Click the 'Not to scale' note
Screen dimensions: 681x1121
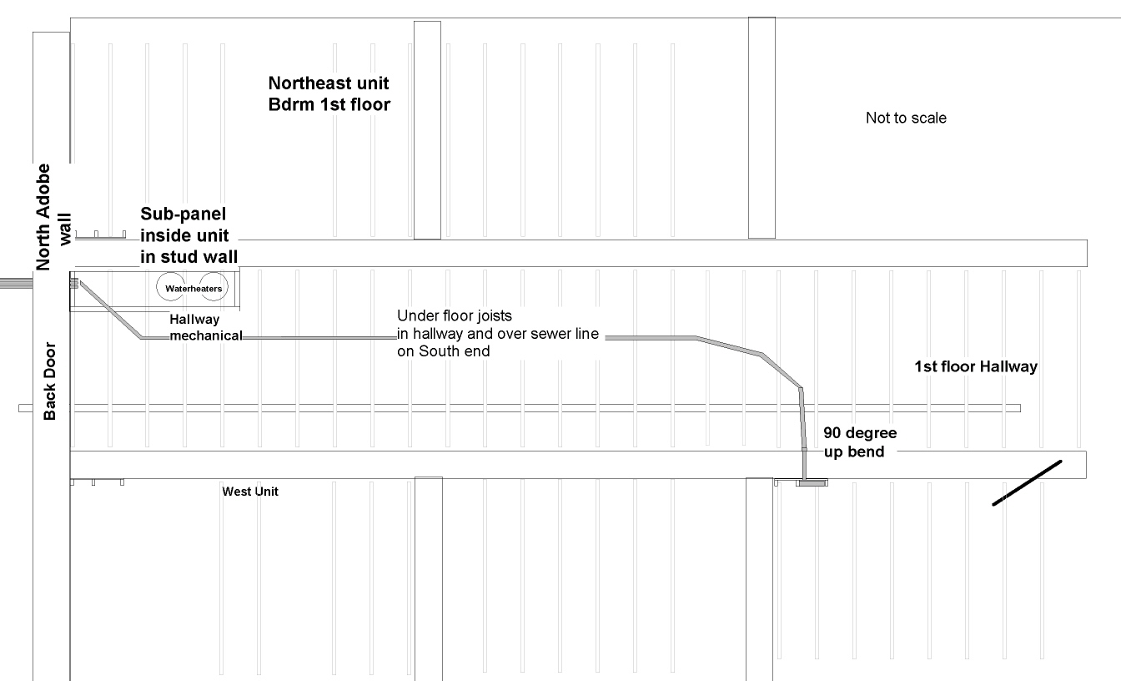[x=906, y=119]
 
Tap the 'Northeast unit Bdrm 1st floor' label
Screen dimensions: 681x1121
[x=329, y=94]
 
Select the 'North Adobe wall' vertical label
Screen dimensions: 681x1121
[x=53, y=217]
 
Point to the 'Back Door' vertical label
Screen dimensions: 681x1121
[x=50, y=381]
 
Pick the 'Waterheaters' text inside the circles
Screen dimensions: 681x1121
[x=194, y=289]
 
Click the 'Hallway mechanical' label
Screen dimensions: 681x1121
[x=205, y=327]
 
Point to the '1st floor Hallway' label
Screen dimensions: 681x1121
[x=976, y=366]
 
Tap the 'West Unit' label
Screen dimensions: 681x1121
[x=250, y=492]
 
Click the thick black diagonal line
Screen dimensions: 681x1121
[x=1027, y=483]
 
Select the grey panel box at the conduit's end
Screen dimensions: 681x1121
[x=812, y=482]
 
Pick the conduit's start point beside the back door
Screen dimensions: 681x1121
[x=75, y=283]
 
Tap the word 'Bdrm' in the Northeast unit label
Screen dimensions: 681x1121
[x=289, y=105]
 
